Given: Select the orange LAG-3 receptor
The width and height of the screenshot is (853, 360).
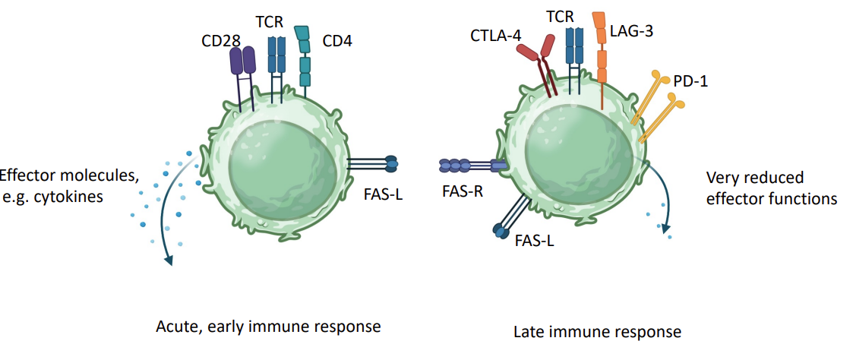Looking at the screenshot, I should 601,49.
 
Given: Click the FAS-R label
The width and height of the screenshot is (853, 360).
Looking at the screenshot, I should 463,191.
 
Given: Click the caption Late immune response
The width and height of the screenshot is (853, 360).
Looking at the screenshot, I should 597,332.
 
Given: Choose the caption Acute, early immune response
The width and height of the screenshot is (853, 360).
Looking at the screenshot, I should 267,327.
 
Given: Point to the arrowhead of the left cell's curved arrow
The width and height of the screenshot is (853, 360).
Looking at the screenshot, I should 169,261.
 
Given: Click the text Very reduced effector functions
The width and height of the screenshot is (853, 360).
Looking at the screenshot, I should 771,188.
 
